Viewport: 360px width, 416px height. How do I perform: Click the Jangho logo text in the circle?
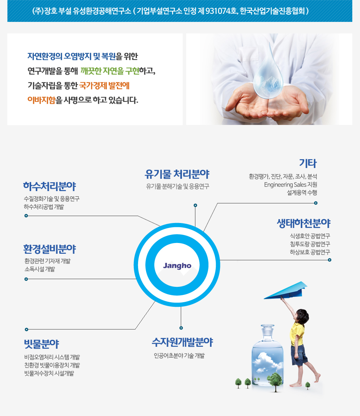pyautogui.click(x=177, y=266)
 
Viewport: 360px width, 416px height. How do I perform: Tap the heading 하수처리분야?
pyautogui.click(x=50, y=186)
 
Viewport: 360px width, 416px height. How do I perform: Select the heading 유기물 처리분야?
pyautogui.click(x=177, y=174)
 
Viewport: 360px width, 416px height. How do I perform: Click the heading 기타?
pyautogui.click(x=308, y=163)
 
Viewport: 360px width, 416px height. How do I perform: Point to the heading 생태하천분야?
pyautogui.click(x=304, y=223)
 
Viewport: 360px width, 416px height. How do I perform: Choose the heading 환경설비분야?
pyautogui.click(x=50, y=249)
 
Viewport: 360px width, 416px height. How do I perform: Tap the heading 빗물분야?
pyautogui.click(x=42, y=344)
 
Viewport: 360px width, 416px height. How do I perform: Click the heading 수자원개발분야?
pyautogui.click(x=182, y=342)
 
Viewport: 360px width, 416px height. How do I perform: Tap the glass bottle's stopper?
pyautogui.click(x=267, y=328)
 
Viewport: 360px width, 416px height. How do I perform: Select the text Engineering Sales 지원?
pyautogui.click(x=290, y=185)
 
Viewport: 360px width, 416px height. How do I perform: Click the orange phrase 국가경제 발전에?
pyautogui.click(x=104, y=86)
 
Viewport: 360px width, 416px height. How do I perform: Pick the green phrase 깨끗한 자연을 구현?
pyautogui.click(x=110, y=71)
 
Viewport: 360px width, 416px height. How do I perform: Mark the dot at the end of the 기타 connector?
pyautogui.click(x=316, y=203)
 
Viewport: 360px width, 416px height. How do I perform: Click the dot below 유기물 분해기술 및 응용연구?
pyautogui.click(x=195, y=205)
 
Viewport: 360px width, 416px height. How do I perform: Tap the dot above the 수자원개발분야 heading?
pyautogui.click(x=181, y=328)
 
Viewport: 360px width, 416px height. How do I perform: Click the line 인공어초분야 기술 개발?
pyautogui.click(x=179, y=356)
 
